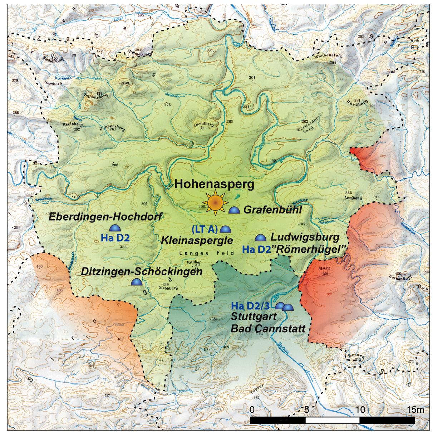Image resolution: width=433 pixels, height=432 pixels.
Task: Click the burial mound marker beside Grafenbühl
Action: coord(234,210)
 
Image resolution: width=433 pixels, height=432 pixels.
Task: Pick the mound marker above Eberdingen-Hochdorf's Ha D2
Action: coord(115,228)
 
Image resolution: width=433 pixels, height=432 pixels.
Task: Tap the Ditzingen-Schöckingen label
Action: coord(142,271)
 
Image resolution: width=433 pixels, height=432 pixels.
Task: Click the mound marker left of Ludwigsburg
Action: coord(260,237)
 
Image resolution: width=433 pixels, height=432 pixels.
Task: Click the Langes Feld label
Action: coord(206,253)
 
